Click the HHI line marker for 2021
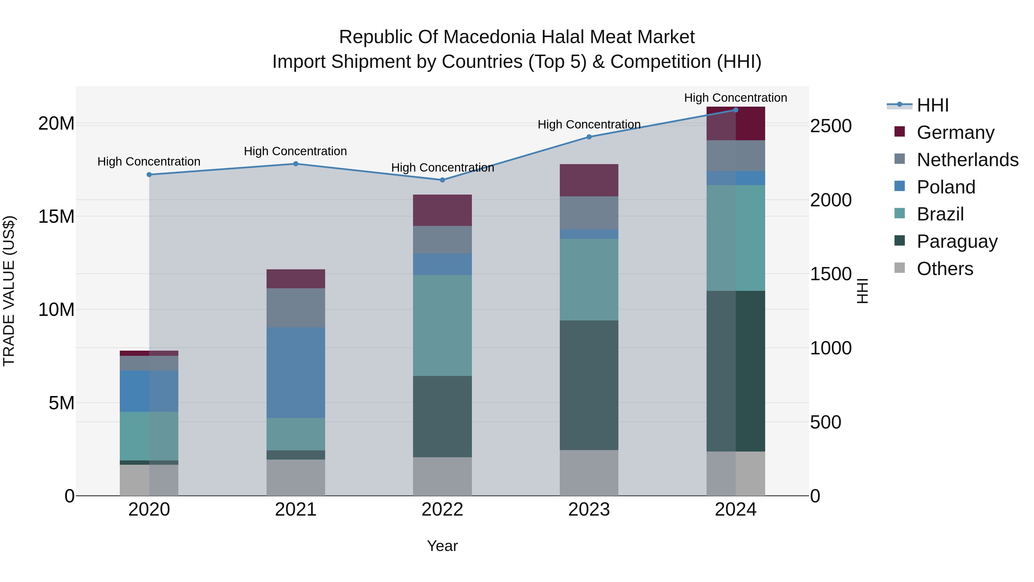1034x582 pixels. pos(296,164)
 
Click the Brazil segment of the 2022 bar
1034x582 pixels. pos(442,325)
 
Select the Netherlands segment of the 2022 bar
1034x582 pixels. pos(442,239)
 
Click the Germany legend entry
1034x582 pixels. pos(955,132)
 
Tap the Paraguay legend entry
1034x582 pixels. pos(957,241)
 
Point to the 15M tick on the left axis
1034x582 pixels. pos(56,216)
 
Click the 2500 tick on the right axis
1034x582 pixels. pos(830,126)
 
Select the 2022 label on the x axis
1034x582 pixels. pos(442,510)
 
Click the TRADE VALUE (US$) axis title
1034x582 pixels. pos(9,291)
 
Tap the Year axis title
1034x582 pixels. pos(442,546)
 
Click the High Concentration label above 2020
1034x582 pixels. pos(148,162)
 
